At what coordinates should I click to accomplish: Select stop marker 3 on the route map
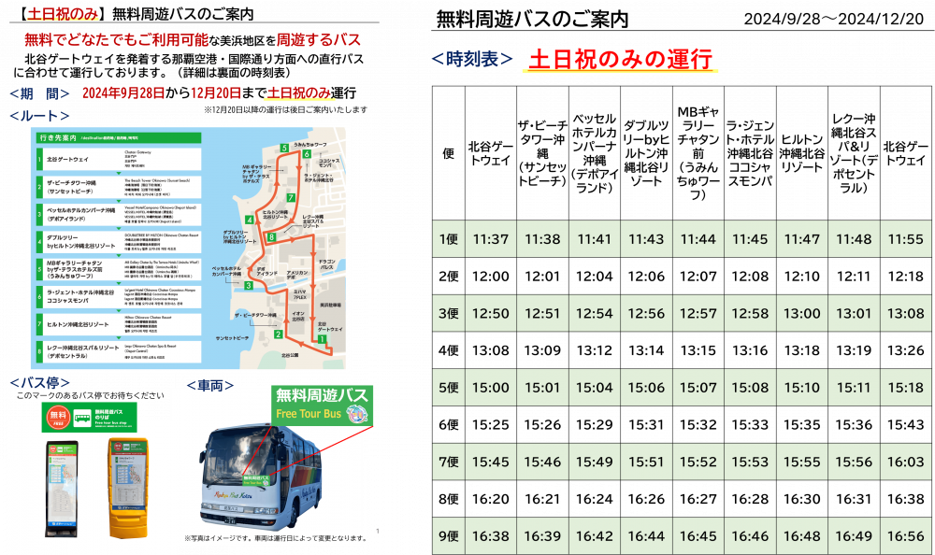point(248,284)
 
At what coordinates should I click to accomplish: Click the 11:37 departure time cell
point(491,240)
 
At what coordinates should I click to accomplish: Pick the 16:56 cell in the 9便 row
point(904,536)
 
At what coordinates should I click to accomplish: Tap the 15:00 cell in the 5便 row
point(491,388)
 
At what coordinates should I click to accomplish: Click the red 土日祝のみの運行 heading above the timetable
point(622,59)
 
